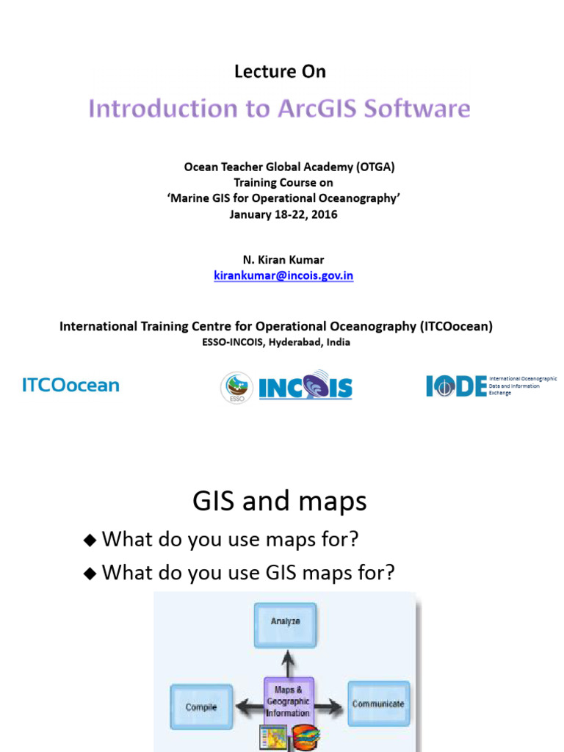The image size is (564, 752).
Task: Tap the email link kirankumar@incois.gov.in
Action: (x=283, y=276)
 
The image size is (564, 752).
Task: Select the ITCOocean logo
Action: (x=70, y=386)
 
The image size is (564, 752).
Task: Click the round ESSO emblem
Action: (x=236, y=387)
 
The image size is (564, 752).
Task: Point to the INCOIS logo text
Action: (x=305, y=387)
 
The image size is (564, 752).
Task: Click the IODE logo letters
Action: (x=455, y=386)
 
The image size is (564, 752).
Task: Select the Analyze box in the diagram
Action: (x=285, y=621)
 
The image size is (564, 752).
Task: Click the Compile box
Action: (x=201, y=706)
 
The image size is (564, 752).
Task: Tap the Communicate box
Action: (x=378, y=704)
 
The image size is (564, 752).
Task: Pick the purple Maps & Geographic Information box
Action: (x=288, y=701)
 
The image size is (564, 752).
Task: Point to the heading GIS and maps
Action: (x=279, y=502)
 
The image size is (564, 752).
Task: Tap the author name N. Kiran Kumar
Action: (x=283, y=260)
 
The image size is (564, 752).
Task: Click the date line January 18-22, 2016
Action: (x=283, y=214)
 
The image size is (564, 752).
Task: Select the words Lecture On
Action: (x=280, y=71)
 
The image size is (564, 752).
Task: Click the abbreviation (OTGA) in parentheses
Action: (x=375, y=167)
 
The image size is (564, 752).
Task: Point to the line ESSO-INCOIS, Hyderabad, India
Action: (x=276, y=342)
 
